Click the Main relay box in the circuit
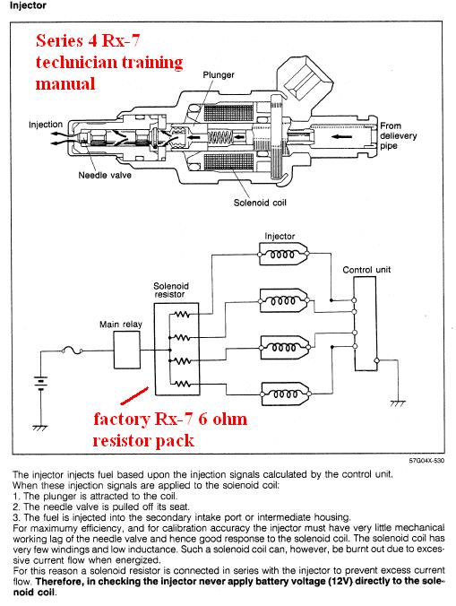coord(126,351)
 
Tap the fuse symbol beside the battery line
coord(73,351)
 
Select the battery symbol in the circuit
coord(40,383)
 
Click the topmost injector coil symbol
coord(283,254)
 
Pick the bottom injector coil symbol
coord(285,394)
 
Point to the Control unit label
coord(366,269)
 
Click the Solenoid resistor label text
coord(170,290)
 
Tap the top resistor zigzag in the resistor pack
coord(182,315)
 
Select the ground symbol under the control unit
coord(397,403)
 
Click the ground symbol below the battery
coord(40,428)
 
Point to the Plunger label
coord(219,74)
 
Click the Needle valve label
coord(105,175)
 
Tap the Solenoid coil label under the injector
coord(260,203)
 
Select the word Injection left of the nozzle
coord(46,125)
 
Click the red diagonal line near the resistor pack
coord(134,395)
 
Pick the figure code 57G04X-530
coord(426,460)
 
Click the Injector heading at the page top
coord(28,5)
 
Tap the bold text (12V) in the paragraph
coord(340,581)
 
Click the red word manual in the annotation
coord(65,83)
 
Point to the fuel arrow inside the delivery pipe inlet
coord(341,136)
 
